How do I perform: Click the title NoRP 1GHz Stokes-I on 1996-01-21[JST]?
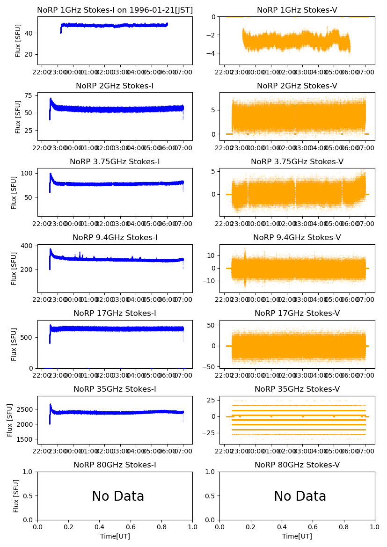(115, 10)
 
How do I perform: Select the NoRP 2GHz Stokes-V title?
(297, 86)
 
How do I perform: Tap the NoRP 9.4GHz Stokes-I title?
(115, 237)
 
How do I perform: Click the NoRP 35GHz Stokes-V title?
(297, 389)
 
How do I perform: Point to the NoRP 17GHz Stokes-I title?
(115, 313)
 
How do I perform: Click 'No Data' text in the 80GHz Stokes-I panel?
(118, 496)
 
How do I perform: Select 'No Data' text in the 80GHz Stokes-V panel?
(300, 496)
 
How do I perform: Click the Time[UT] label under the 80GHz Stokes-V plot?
(297, 536)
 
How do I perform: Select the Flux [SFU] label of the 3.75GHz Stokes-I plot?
(14, 192)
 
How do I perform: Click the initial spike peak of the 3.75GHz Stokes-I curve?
(50, 174)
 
